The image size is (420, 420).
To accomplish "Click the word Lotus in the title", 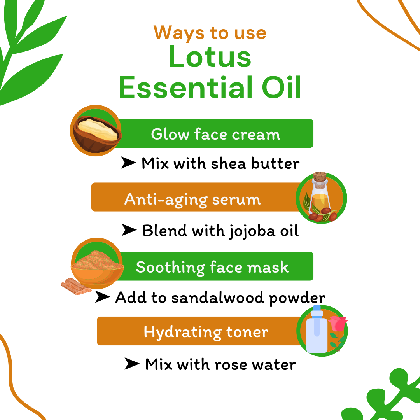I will (210, 57).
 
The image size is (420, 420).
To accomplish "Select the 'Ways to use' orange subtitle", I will (210, 33).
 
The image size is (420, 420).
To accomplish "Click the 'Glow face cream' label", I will (215, 134).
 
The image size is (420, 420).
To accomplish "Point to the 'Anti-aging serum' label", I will (192, 199).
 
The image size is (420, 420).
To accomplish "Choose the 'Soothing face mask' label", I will (212, 267).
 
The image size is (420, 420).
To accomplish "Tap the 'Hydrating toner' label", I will (206, 332).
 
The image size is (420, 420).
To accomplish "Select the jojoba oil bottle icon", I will (320, 198).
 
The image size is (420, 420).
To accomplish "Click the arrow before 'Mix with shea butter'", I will (128, 163).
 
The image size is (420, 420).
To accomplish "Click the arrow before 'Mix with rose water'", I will (132, 364).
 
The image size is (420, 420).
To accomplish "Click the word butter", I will (276, 163).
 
